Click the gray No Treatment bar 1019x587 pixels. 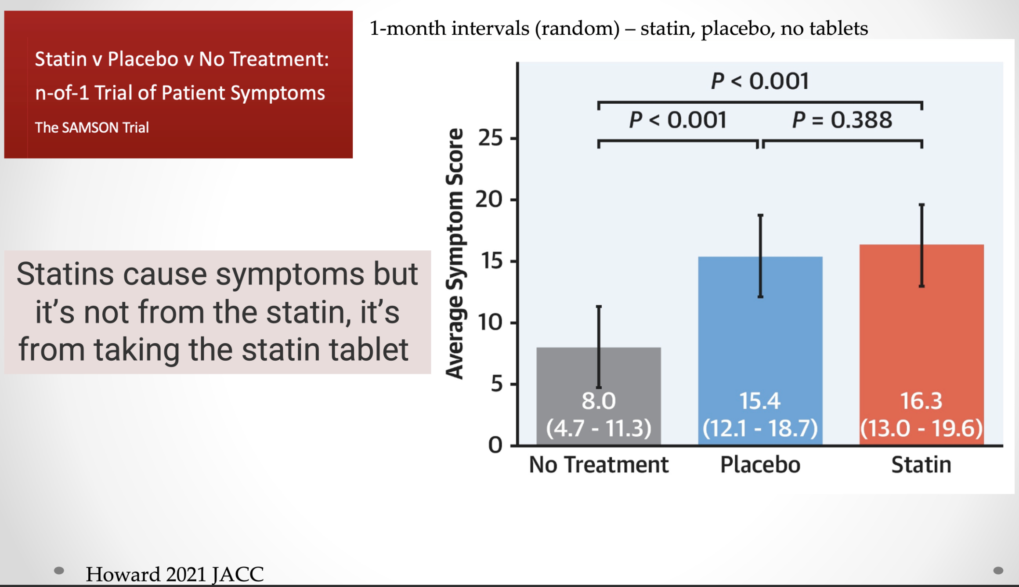(599, 396)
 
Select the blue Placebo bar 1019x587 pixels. (760, 351)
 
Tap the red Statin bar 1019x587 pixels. (921, 344)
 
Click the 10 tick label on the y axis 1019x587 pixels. (490, 322)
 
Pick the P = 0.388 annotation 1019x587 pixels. (842, 120)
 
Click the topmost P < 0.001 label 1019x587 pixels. (760, 81)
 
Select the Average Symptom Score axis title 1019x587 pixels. (455, 254)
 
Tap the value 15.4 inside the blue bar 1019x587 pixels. (760, 401)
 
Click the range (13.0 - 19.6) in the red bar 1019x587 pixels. (921, 428)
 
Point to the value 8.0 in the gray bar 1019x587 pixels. (599, 401)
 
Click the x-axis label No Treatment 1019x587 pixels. (599, 464)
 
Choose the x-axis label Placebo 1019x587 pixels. (760, 464)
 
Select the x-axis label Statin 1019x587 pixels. (921, 464)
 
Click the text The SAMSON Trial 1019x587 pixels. (92, 127)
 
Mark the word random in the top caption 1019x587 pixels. (577, 29)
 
